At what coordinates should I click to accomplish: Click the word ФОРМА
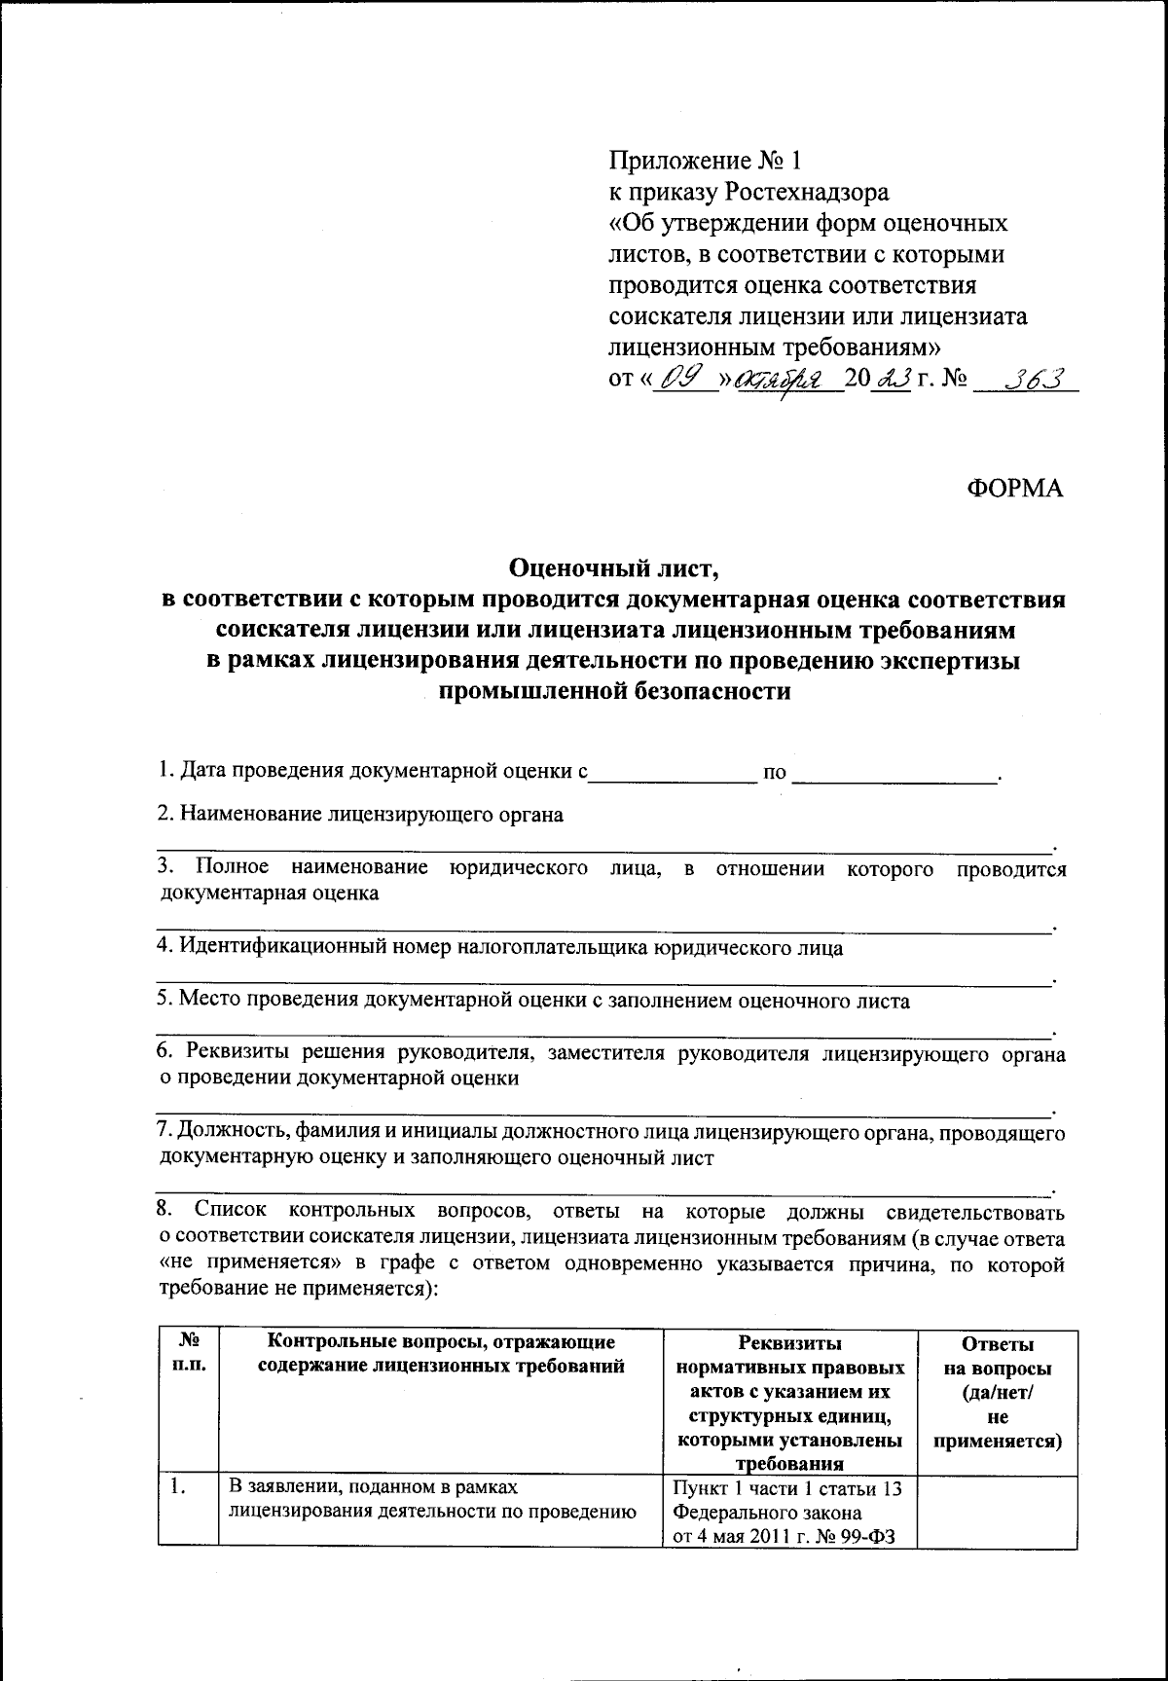(x=1015, y=489)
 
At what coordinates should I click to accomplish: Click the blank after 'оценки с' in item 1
(x=674, y=774)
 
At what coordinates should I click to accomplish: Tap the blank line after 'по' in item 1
(x=895, y=774)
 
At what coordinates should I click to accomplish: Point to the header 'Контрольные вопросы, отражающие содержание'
(x=440, y=1354)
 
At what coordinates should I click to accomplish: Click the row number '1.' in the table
(x=177, y=1486)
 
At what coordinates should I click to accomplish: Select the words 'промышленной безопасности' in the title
(x=613, y=693)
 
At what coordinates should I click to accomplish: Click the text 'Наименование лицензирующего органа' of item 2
(x=360, y=814)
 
